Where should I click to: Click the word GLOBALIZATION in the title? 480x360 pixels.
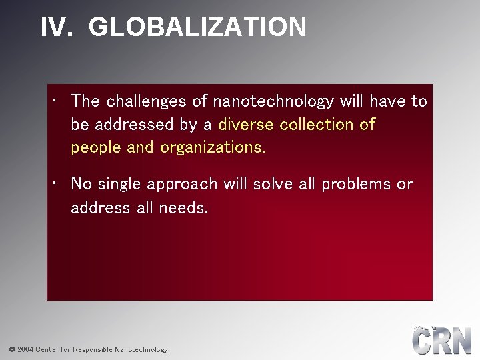tap(197, 27)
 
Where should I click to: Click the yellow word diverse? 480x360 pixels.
tap(247, 125)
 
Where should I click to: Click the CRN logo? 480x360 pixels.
tap(441, 340)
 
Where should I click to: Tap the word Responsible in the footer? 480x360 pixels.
tap(92, 349)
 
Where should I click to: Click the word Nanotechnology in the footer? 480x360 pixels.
tap(141, 349)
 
